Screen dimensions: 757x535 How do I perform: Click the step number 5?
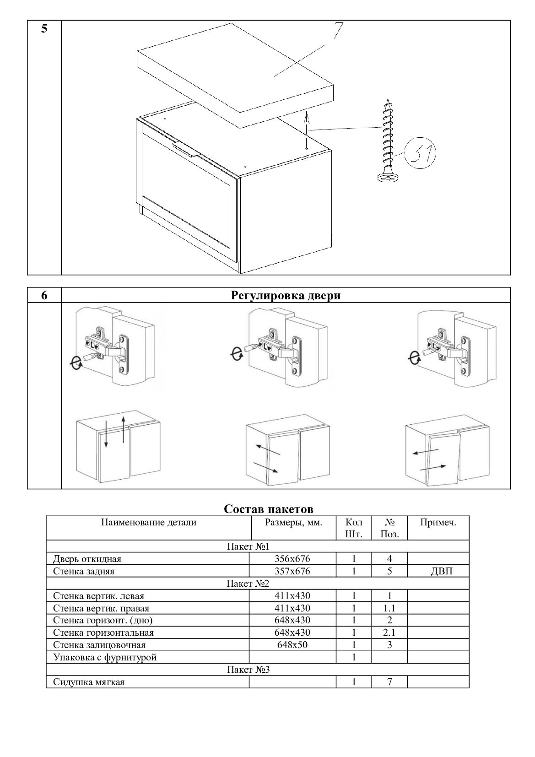44,28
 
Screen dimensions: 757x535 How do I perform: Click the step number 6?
44,296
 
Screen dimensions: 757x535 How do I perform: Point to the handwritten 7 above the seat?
338,31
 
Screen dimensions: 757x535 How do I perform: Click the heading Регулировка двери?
286,296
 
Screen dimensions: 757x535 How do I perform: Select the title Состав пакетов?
269,509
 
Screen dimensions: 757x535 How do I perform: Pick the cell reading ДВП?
438,571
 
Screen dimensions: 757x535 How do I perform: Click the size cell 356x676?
292,559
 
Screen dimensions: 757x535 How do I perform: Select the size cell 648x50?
292,645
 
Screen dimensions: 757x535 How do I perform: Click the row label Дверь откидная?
87,559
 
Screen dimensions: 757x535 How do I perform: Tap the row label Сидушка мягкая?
89,682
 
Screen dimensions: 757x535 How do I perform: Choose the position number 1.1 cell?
389,608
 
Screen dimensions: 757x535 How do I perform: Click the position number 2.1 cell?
389,633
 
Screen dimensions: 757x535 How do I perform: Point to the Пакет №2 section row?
248,584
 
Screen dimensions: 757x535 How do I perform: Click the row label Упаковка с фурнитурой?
105,658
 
